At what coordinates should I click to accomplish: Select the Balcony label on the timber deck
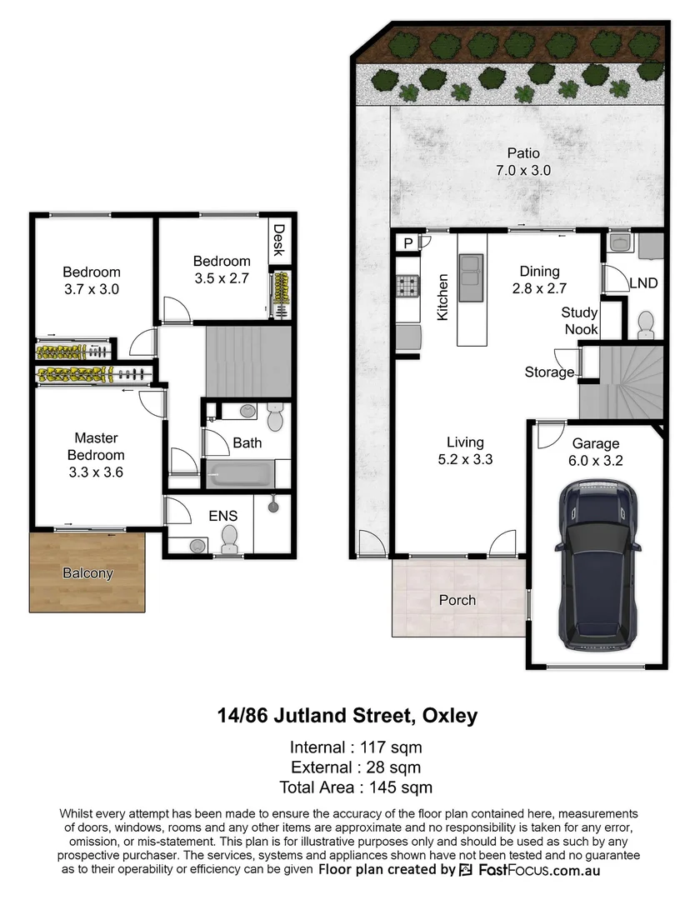pos(87,573)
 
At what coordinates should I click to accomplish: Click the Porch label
pos(457,600)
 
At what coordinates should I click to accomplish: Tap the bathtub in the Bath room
pos(238,474)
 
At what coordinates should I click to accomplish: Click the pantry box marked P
pos(408,242)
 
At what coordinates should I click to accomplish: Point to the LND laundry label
pos(643,283)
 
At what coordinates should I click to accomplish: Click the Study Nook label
pos(579,321)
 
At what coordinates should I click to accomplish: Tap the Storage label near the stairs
pos(549,372)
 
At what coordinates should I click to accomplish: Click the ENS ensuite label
pos(222,516)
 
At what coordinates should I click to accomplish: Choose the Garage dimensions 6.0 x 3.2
pos(596,460)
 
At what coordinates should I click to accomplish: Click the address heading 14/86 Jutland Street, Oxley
pos(347,715)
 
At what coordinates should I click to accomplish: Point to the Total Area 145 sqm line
pos(356,787)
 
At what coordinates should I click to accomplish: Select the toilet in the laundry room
pos(645,323)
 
